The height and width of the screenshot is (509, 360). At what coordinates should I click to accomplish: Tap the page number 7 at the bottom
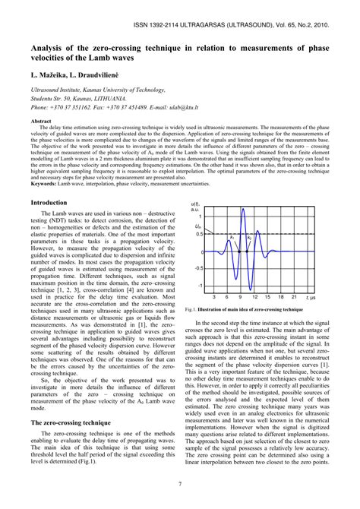(179, 484)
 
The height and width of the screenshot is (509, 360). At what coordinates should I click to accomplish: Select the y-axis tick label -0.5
(199, 268)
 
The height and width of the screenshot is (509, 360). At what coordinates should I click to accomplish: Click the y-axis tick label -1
(201, 285)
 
